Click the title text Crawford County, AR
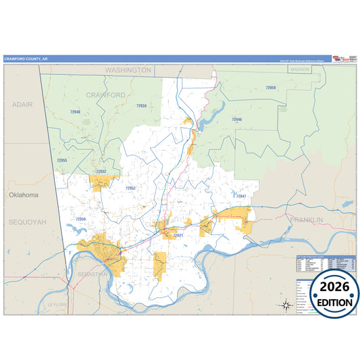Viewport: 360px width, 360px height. tap(26, 59)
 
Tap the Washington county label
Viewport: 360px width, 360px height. tap(128, 70)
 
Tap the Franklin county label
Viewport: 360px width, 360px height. tap(307, 220)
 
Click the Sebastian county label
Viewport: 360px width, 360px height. tap(93, 274)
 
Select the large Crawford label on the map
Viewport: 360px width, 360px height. tap(105, 96)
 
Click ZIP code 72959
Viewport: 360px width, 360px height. tap(270, 88)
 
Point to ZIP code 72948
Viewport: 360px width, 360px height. tap(74, 111)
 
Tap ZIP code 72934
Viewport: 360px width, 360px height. tap(140, 106)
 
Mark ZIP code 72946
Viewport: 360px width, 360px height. tap(236, 119)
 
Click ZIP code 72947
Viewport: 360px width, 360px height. tap(240, 196)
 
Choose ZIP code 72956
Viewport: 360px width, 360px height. tap(80, 219)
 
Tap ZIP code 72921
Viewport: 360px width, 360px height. tap(177, 236)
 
